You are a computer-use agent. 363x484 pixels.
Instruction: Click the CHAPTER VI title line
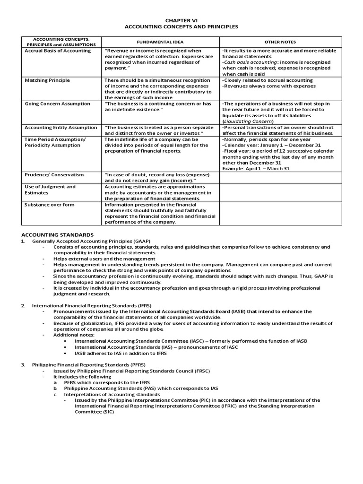point(181,20)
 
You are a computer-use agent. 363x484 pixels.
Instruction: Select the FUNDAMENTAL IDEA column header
point(160,42)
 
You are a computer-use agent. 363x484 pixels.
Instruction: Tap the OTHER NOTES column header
point(280,42)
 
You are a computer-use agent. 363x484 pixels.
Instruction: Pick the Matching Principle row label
point(47,80)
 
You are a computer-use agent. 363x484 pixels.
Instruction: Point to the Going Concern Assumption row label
point(57,104)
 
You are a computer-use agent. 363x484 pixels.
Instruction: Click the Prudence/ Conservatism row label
point(54,175)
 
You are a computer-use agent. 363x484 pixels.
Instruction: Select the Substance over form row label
point(49,205)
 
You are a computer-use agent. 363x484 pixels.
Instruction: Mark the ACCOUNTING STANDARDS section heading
point(58,235)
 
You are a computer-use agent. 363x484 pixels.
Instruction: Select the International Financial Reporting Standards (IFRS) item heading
point(92,306)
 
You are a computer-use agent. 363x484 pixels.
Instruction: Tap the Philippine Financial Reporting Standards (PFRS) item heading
point(89,365)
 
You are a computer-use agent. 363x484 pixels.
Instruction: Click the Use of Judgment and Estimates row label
point(50,190)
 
